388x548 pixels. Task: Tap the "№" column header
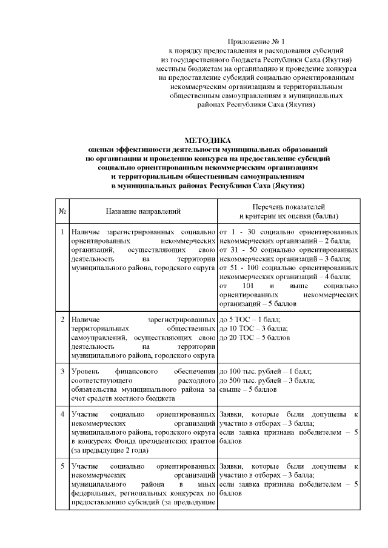(x=62, y=211)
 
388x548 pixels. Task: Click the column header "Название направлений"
(x=143, y=211)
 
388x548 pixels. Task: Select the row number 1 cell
(x=62, y=232)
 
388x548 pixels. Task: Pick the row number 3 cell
(x=62, y=371)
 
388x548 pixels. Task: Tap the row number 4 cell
(x=62, y=414)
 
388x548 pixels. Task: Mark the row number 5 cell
(x=62, y=467)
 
